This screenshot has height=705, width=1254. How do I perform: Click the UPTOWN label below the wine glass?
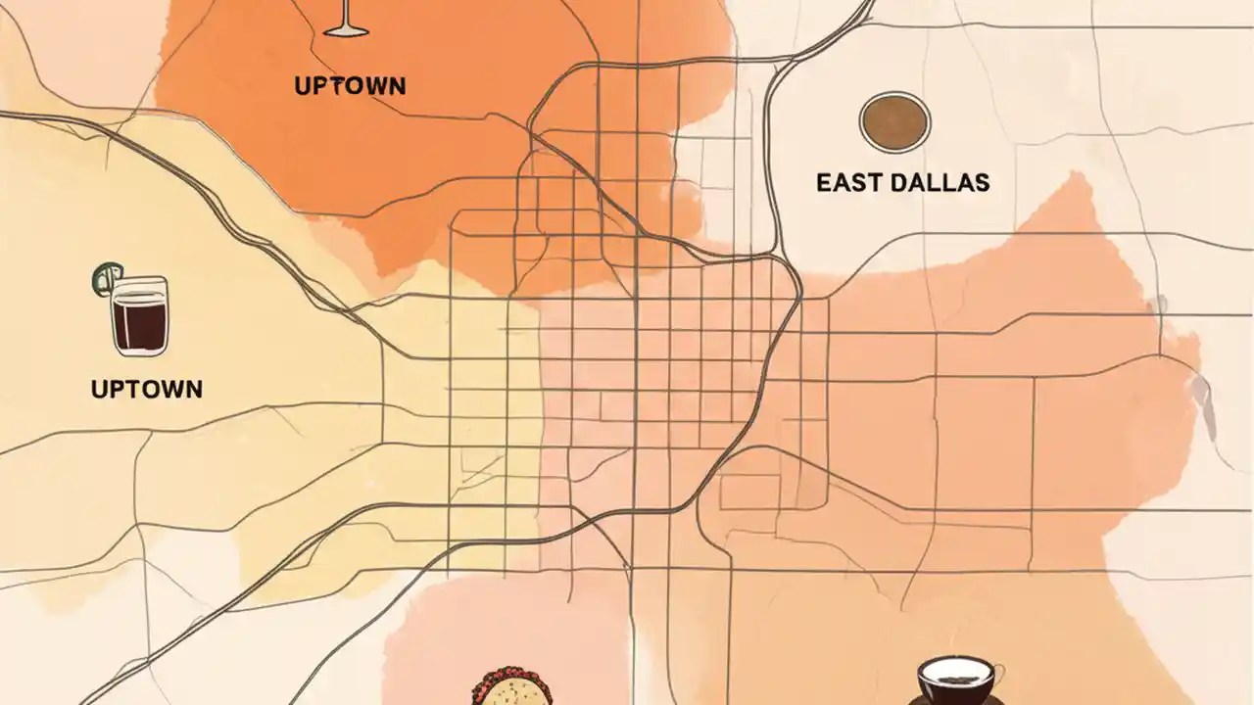(x=350, y=85)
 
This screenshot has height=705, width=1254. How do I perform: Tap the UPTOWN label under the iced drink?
(x=146, y=389)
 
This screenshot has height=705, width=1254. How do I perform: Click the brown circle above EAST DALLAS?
(x=894, y=122)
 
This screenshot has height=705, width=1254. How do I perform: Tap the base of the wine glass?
(x=346, y=31)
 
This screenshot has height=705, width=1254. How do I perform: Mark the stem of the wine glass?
(x=345, y=14)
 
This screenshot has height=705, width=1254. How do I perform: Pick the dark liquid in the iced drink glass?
(x=139, y=324)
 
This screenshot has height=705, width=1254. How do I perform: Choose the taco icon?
(x=510, y=688)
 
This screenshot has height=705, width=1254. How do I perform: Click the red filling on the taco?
(x=510, y=676)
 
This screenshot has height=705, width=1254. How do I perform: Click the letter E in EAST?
(x=824, y=182)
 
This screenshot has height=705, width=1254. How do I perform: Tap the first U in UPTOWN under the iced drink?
(x=99, y=389)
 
